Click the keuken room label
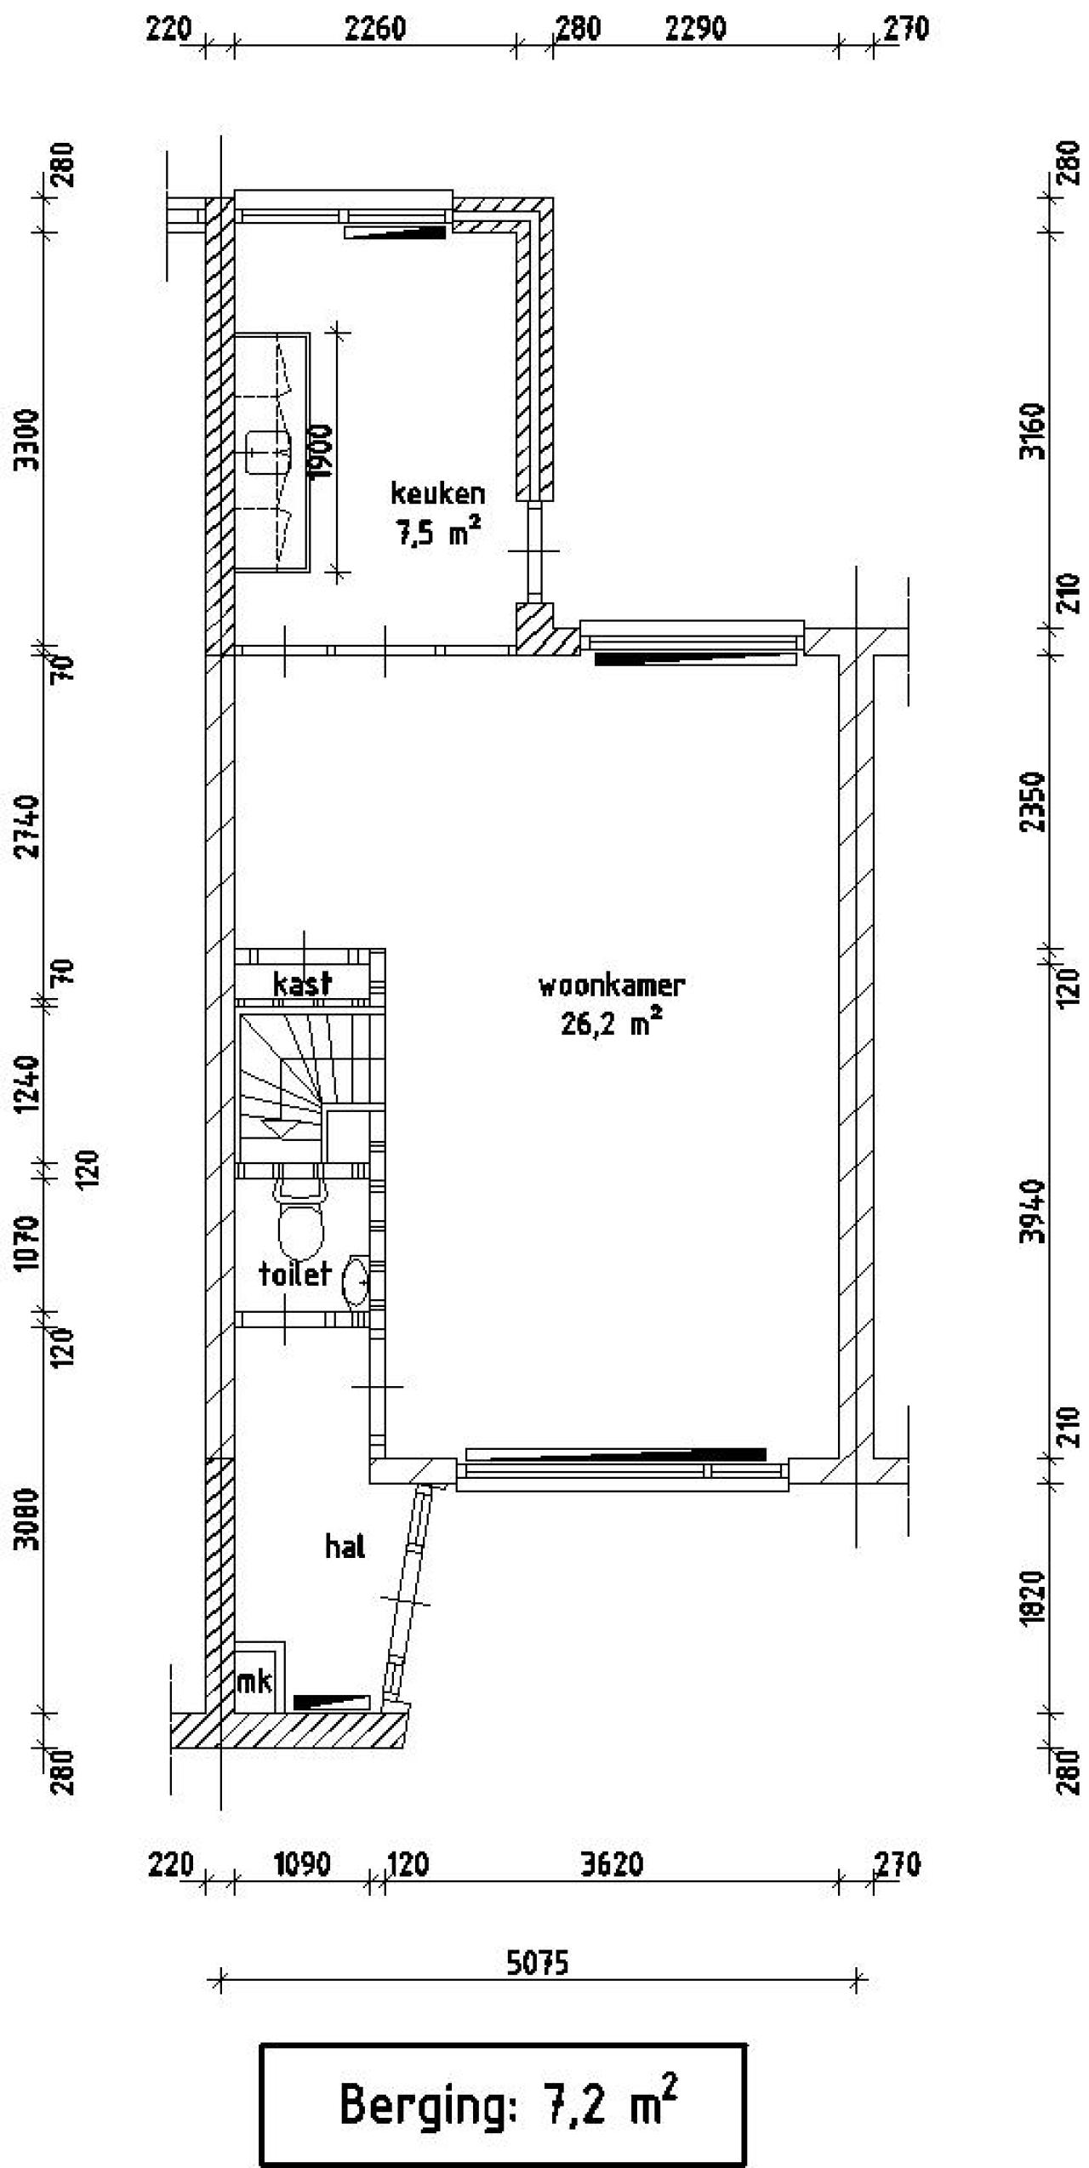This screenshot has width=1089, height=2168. click(437, 494)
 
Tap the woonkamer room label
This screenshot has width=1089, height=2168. click(612, 986)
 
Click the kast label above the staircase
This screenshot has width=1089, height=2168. click(303, 984)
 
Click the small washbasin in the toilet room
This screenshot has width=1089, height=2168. click(356, 1282)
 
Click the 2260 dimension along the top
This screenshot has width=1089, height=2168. click(375, 29)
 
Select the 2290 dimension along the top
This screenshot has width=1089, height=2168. click(696, 29)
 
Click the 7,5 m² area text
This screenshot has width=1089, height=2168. click(437, 533)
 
